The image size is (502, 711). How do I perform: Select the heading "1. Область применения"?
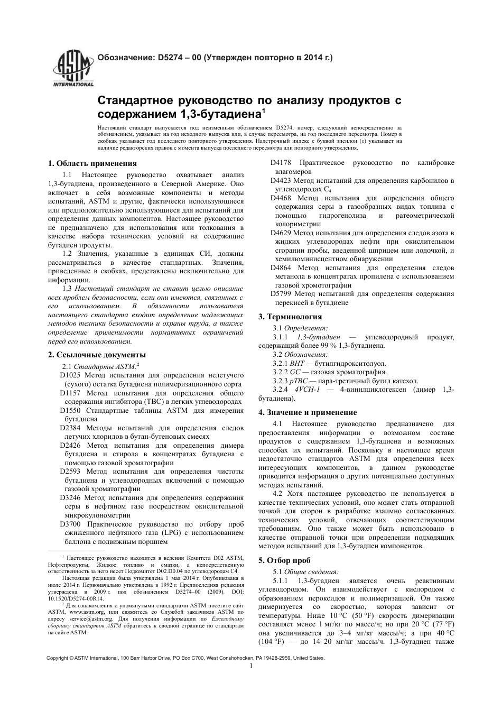click(92, 163)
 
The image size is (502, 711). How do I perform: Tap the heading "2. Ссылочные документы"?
click(97, 355)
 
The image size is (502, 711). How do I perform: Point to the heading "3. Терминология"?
click(290, 317)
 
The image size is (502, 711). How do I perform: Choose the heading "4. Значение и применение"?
click(307, 412)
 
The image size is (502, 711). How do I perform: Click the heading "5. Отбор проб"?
click(284, 560)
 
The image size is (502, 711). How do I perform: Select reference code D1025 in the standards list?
click(70, 375)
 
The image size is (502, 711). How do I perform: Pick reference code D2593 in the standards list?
click(70, 472)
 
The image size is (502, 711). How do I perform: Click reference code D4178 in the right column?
click(281, 163)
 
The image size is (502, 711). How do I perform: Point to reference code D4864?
click(281, 267)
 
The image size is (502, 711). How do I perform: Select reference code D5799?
click(281, 294)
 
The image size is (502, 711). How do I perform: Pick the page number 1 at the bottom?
click(251, 666)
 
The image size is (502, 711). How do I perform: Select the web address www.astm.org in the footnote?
click(83, 612)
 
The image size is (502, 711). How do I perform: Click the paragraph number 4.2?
click(278, 494)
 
